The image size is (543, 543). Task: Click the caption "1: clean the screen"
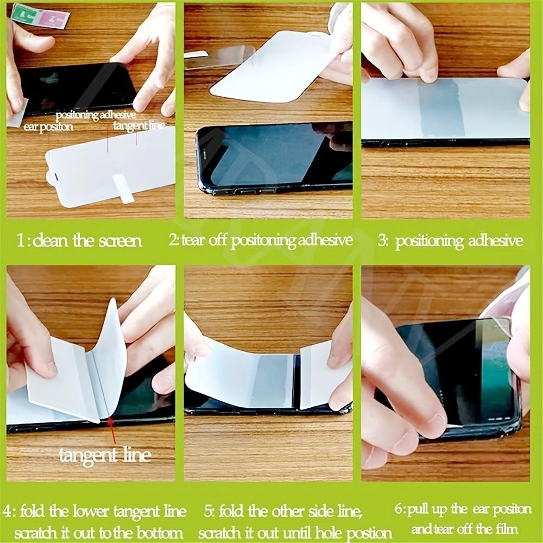coord(80,241)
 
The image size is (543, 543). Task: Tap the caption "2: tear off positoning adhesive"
coord(260,241)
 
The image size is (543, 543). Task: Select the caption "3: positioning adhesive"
coord(450,241)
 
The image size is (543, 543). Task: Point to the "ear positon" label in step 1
coord(49,127)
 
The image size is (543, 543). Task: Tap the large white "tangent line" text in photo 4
coord(105,455)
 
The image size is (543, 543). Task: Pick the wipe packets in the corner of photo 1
coord(41,16)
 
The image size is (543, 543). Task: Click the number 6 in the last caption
coord(398,510)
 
